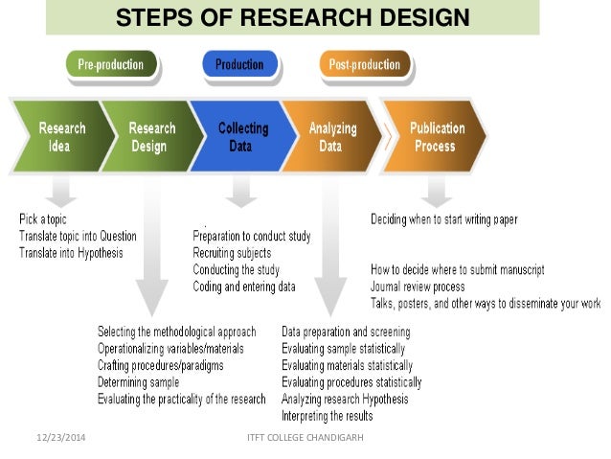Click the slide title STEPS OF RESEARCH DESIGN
(x=292, y=17)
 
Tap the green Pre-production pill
(x=111, y=65)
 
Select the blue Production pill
(x=239, y=65)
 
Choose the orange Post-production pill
(x=365, y=65)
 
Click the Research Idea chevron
(x=61, y=137)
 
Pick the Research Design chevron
(x=151, y=137)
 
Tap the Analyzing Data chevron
(x=331, y=137)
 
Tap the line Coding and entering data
(x=244, y=287)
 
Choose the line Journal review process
(x=418, y=287)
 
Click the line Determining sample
(x=138, y=382)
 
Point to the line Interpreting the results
(x=328, y=416)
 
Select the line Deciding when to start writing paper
(x=444, y=219)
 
